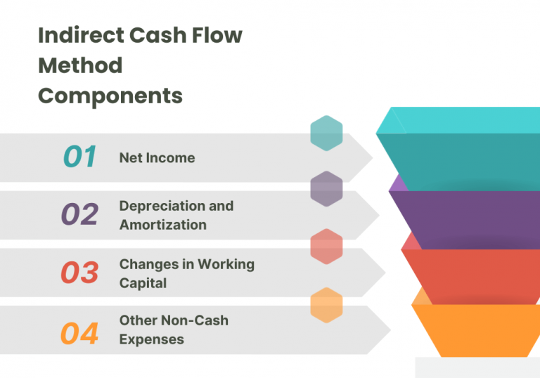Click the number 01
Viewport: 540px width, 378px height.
coord(79,157)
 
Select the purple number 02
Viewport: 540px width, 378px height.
coord(79,214)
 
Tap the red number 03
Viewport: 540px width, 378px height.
coord(79,273)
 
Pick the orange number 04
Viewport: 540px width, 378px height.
coord(79,333)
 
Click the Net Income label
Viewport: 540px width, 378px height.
coord(157,157)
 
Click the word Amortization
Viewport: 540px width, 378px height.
coord(163,225)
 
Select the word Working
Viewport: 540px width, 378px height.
coord(225,264)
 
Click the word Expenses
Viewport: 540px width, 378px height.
coord(152,339)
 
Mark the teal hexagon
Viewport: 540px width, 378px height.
coord(326,133)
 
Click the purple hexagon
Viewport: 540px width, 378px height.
coord(326,189)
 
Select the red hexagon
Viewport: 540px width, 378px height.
coord(326,247)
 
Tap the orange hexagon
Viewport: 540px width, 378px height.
coord(326,305)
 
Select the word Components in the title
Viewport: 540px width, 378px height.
coord(110,95)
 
